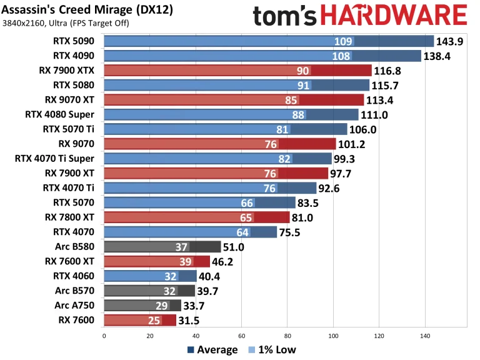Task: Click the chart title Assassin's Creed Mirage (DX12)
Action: click(x=87, y=10)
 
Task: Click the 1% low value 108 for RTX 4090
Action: click(x=342, y=56)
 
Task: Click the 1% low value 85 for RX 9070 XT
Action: click(x=291, y=100)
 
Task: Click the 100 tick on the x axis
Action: click(x=333, y=336)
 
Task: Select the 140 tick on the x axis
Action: click(x=425, y=336)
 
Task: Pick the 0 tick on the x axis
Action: click(x=104, y=336)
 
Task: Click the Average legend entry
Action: click(x=212, y=350)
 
